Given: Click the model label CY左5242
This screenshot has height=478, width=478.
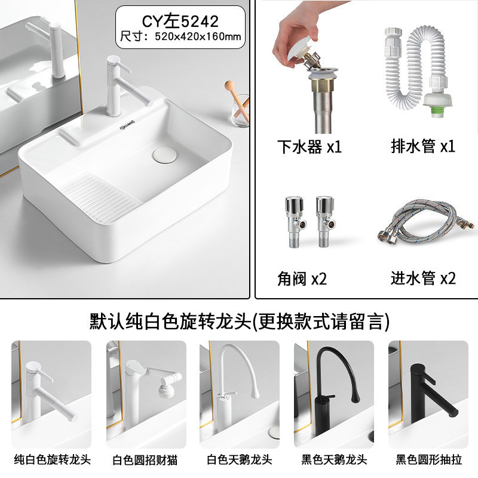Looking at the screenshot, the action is coord(180,22).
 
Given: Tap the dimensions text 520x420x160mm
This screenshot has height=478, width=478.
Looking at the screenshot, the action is coord(198,36).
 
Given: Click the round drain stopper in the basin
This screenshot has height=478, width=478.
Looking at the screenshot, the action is coord(165,155).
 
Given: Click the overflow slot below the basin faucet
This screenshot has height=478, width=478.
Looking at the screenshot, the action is coord(128,124).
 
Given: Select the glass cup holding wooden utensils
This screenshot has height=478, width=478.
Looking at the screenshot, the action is coord(240,111).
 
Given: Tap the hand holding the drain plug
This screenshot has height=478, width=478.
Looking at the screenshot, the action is coord(297,33).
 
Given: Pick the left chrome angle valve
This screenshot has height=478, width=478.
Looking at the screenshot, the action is coord(295,222).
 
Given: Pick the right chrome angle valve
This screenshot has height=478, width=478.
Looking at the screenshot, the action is coord(326,222).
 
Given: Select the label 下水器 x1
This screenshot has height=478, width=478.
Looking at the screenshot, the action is coord(309,146).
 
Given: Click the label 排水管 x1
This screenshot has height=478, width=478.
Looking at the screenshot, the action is coord(423,146).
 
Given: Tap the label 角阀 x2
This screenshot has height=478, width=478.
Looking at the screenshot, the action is coord(302,278).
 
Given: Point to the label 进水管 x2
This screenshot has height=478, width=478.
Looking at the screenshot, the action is coord(423,278).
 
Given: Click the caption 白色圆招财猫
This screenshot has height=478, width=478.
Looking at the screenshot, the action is coord(145,460).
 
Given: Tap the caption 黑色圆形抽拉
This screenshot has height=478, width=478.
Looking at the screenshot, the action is coord(428,459).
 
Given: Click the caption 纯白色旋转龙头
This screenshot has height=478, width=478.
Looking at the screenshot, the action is coord(52,459).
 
